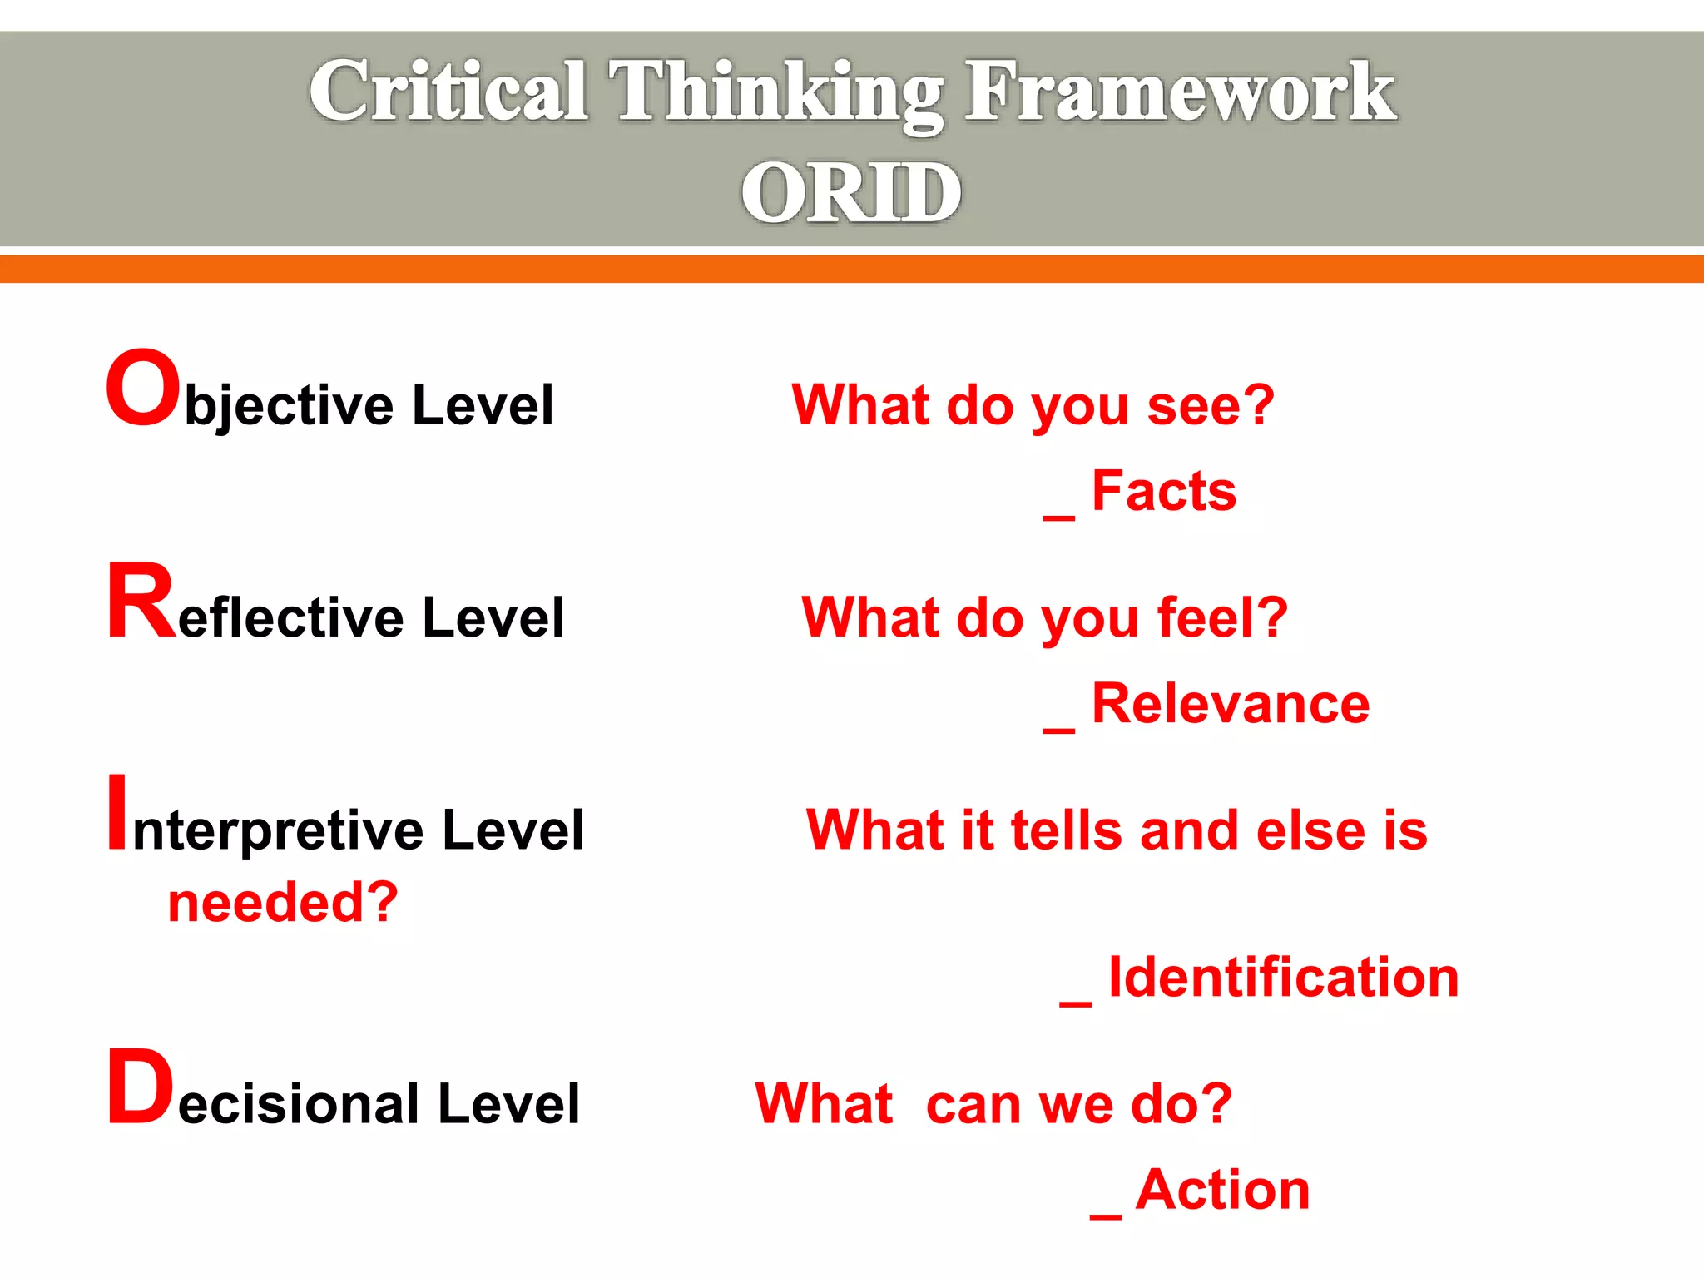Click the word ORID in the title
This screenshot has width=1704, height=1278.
coord(851,193)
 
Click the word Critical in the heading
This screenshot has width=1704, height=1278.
coord(449,92)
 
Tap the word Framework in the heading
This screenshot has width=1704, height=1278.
coord(1180,92)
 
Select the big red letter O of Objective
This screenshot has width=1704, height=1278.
coord(143,389)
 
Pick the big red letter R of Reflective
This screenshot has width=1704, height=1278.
coord(141,601)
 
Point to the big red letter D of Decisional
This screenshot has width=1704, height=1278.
coord(140,1087)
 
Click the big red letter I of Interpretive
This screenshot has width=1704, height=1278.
coord(118,813)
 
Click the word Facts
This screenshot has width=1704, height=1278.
coord(1163,491)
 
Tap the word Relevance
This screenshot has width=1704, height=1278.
coord(1230,704)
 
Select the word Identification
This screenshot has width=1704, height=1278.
coord(1283,977)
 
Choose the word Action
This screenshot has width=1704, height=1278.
coord(1222,1190)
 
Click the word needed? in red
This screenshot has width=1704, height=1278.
coord(283,903)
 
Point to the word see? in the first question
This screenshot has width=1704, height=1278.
coord(1210,406)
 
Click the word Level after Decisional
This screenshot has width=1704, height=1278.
coord(508,1104)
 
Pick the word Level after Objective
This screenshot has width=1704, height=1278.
coord(483,405)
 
